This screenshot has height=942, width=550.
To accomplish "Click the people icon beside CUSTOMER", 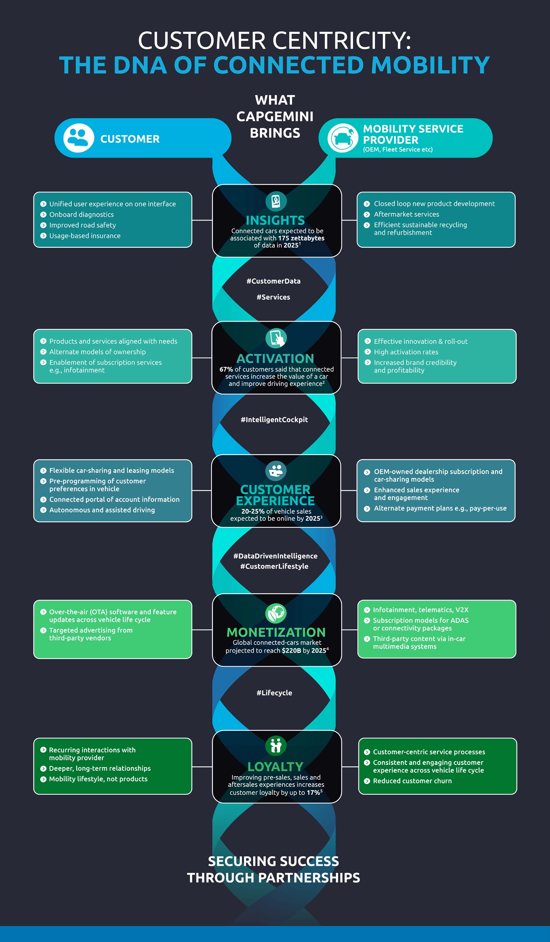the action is pyautogui.click(x=78, y=138).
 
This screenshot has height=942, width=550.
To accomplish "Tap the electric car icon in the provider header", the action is pyautogui.click(x=343, y=138).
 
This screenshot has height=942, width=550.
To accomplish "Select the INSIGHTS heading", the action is pyautogui.click(x=276, y=220).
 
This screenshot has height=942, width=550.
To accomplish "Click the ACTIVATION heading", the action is pyautogui.click(x=276, y=359).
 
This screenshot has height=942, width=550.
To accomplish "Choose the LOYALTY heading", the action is pyautogui.click(x=276, y=767).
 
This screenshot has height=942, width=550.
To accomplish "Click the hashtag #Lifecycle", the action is pyautogui.click(x=274, y=693).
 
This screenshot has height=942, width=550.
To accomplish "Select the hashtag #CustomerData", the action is pyautogui.click(x=274, y=281).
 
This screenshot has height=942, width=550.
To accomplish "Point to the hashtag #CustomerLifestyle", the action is pyautogui.click(x=274, y=566).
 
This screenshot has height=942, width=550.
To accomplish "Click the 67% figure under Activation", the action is pyautogui.click(x=226, y=369).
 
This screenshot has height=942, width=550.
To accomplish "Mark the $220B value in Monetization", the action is pyautogui.click(x=291, y=651).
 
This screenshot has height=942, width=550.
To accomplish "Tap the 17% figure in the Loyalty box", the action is pyautogui.click(x=313, y=792).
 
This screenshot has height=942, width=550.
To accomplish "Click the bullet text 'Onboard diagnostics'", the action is pyautogui.click(x=82, y=215).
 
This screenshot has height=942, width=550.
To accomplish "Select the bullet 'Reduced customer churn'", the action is pyautogui.click(x=412, y=781).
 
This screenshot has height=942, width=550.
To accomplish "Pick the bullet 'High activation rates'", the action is pyautogui.click(x=406, y=352).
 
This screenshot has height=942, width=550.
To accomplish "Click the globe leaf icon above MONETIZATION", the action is pyautogui.click(x=276, y=613).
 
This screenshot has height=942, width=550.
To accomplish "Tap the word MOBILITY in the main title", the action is pyautogui.click(x=430, y=65).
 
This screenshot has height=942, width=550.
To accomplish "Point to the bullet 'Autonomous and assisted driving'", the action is pyautogui.click(x=102, y=510).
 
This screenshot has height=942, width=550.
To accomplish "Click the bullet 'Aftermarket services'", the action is pyautogui.click(x=406, y=214).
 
